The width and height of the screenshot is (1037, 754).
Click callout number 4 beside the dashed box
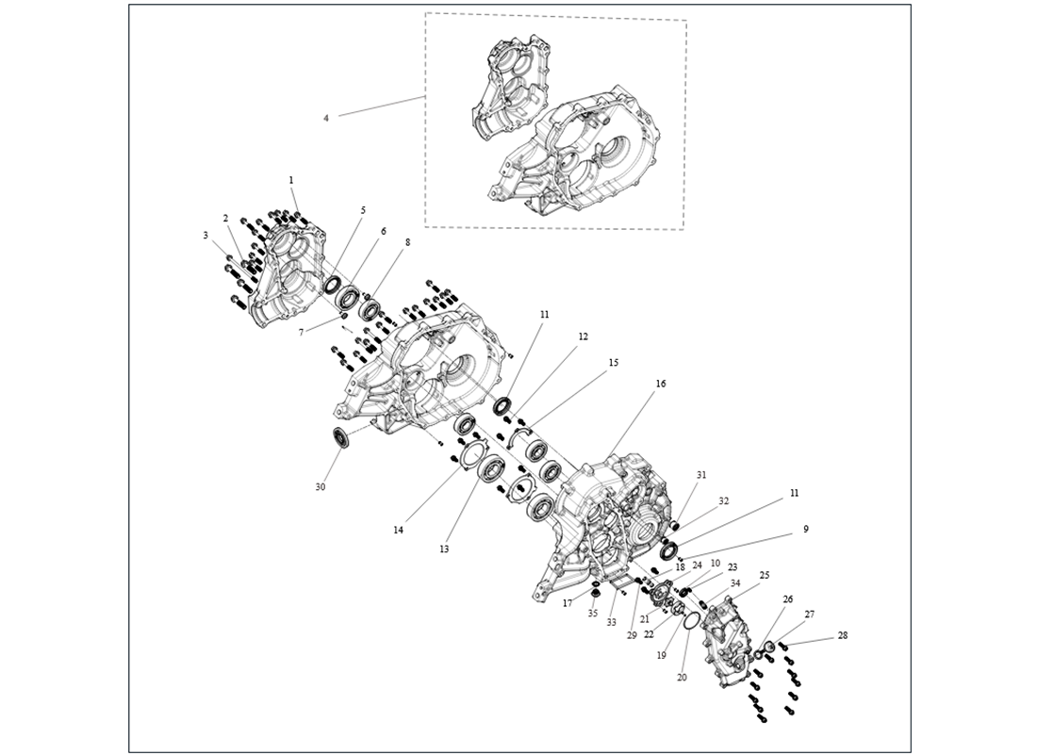click(x=326, y=118)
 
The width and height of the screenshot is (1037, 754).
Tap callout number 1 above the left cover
click(x=291, y=179)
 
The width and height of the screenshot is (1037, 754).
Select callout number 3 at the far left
click(x=206, y=236)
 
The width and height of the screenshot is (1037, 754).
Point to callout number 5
click(x=363, y=210)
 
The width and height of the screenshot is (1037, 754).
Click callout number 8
click(x=407, y=242)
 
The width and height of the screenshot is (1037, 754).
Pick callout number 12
click(x=584, y=336)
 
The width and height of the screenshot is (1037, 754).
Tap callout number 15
click(x=614, y=362)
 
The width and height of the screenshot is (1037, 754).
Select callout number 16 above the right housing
click(x=661, y=384)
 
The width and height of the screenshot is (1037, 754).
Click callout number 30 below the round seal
click(x=320, y=487)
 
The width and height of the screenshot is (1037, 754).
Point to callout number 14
click(x=399, y=531)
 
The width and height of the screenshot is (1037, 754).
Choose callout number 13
click(x=444, y=549)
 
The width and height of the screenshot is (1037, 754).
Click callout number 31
click(x=700, y=475)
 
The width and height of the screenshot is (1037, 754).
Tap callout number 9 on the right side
click(x=806, y=530)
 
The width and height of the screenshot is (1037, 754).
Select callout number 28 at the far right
click(x=842, y=635)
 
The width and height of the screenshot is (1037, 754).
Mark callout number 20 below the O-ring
click(x=683, y=677)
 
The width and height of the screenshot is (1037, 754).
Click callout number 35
click(x=593, y=614)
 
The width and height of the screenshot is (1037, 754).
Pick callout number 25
click(x=765, y=575)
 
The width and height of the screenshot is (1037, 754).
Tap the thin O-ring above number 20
click(x=689, y=623)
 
